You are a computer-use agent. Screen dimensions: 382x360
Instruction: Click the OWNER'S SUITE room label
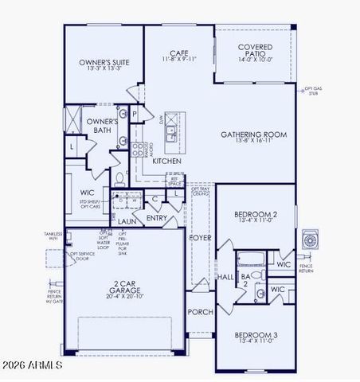pyautogui.click(x=103, y=61)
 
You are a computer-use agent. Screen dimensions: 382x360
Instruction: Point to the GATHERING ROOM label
pyautogui.click(x=254, y=134)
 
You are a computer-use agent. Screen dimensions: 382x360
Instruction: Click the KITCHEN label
pyautogui.click(x=167, y=162)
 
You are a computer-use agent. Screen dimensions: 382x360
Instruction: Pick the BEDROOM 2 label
pyautogui.click(x=255, y=215)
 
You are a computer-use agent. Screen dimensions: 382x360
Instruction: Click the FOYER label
pyautogui.click(x=198, y=237)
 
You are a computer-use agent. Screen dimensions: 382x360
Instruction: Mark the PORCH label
pyautogui.click(x=198, y=312)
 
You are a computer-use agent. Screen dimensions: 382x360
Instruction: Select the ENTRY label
pyautogui.click(x=157, y=216)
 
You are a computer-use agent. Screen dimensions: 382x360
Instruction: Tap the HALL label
pyautogui.click(x=225, y=277)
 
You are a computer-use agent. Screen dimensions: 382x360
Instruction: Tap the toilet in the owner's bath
pyautogui.click(x=119, y=177)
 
